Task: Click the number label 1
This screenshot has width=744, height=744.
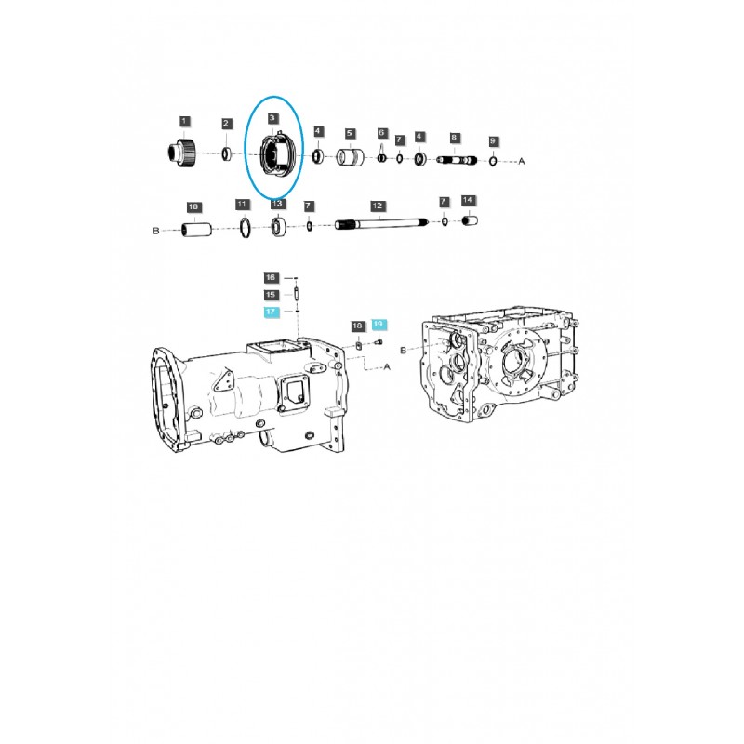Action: point(184,121)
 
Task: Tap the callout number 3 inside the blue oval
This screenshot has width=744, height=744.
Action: point(272,119)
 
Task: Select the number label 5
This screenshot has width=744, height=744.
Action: point(350,133)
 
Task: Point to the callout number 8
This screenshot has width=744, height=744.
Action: point(454,138)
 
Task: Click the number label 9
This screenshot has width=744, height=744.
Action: point(494,141)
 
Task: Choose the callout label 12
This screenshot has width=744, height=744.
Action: point(377,204)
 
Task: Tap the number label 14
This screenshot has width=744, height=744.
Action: point(468,200)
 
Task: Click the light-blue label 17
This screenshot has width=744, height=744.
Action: point(271,312)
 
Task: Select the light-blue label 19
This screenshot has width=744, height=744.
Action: point(378,324)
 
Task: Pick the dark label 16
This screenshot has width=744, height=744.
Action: point(271,277)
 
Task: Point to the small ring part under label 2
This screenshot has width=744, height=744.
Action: point(226,153)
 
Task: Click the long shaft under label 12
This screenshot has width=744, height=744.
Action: point(381,223)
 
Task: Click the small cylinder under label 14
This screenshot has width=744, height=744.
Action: point(470,221)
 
